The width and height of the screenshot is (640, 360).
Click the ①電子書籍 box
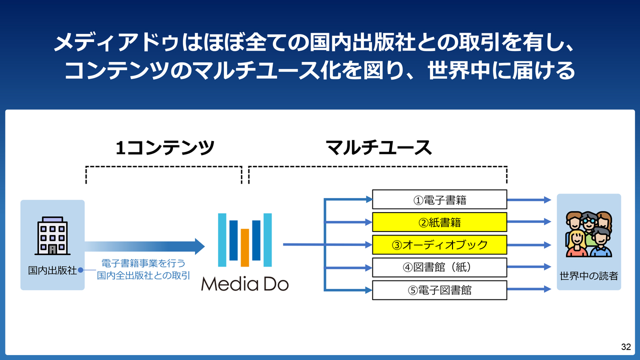tap(439, 199)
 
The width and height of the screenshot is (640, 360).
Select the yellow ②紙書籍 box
tap(439, 222)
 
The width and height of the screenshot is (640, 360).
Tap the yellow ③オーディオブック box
tap(439, 244)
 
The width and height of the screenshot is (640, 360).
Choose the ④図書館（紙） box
tap(439, 267)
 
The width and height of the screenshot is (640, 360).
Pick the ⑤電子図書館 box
tap(439, 290)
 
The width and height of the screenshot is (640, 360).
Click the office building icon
tap(52, 235)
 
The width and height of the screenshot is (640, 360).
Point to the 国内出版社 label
tap(52, 270)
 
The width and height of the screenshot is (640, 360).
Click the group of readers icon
tap(589, 233)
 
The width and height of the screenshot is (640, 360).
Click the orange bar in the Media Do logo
tap(245, 247)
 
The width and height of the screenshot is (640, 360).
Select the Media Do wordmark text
tap(245, 284)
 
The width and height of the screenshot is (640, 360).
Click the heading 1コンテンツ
tap(165, 147)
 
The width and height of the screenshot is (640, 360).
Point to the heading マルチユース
tap(378, 147)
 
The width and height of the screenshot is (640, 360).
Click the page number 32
tap(625, 347)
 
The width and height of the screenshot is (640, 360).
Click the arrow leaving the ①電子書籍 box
tap(529, 199)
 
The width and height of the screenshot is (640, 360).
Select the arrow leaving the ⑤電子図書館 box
tap(529, 289)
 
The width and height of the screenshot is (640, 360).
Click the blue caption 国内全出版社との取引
tap(144, 275)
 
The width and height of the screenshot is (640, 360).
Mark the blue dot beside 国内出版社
tap(80, 270)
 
